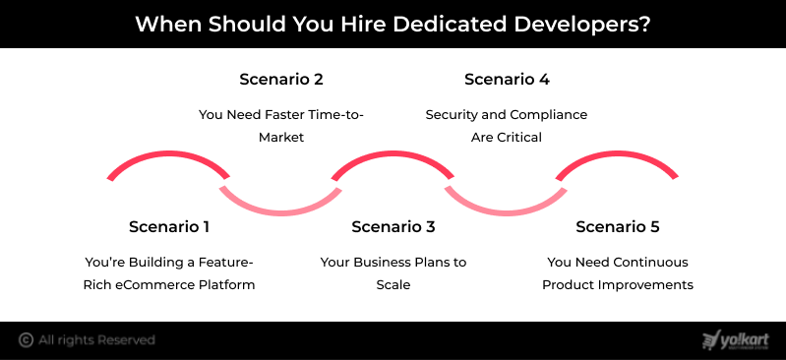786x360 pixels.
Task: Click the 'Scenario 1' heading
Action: coord(169,226)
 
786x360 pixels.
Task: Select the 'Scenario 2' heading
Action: coord(281,80)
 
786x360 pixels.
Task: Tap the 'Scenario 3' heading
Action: coord(393,226)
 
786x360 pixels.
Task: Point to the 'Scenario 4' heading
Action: coord(507,80)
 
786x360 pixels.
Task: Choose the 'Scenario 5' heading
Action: coord(618,226)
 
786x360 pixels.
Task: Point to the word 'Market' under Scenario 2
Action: coord(281,138)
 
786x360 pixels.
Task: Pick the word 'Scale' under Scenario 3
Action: coord(393,285)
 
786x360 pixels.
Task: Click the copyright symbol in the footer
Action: coord(26,340)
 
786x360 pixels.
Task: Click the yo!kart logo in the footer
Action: coord(736,340)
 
